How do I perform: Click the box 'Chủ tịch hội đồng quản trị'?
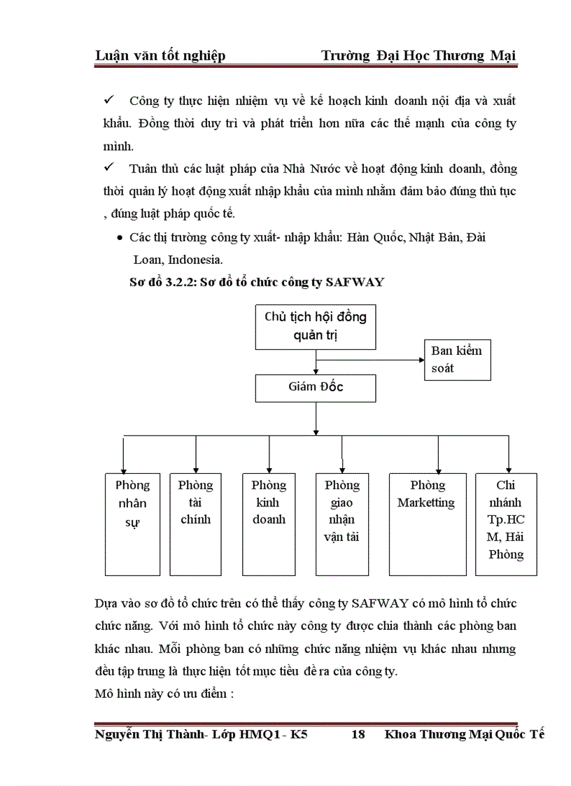316,326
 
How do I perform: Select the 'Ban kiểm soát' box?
457,360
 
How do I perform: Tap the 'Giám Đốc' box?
316,387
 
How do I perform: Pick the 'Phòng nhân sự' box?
132,524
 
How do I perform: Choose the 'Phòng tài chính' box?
195,524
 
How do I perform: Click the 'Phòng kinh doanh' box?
269,524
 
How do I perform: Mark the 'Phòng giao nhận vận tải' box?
342,524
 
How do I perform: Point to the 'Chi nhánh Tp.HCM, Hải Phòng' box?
506,524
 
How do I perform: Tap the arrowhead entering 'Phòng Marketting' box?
438,468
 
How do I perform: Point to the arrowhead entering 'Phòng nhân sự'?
123,468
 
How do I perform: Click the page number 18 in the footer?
358,734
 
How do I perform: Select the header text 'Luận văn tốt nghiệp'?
160,56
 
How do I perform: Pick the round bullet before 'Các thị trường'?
120,238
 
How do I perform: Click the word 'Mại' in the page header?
504,56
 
